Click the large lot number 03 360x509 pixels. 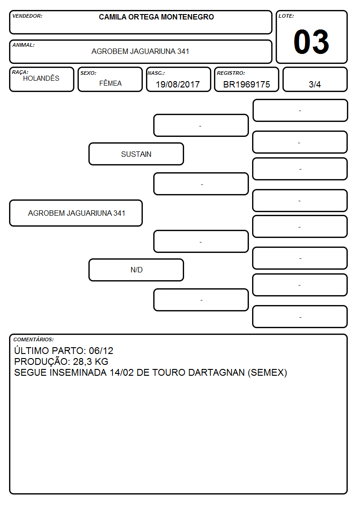[x=311, y=42]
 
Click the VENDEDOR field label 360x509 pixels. [x=27, y=16]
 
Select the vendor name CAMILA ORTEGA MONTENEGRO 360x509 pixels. [x=156, y=17]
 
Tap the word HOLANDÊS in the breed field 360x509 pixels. [x=41, y=78]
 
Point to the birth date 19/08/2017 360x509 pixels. [x=178, y=84]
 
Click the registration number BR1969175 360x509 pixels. [x=246, y=84]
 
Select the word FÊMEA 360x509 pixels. [x=110, y=83]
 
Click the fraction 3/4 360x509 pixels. [x=315, y=84]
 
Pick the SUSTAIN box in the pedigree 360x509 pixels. [x=136, y=154]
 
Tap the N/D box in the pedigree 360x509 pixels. [x=136, y=270]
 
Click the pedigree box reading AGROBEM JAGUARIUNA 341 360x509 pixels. [x=76, y=213]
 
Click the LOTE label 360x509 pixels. [x=286, y=16]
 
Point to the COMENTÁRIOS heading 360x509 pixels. [x=34, y=339]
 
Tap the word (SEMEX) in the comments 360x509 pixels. [x=268, y=373]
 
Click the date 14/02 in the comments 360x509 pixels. [x=122, y=372]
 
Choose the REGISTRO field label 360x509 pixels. [x=231, y=73]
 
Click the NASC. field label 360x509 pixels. [x=156, y=73]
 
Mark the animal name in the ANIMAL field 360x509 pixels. [x=140, y=51]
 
